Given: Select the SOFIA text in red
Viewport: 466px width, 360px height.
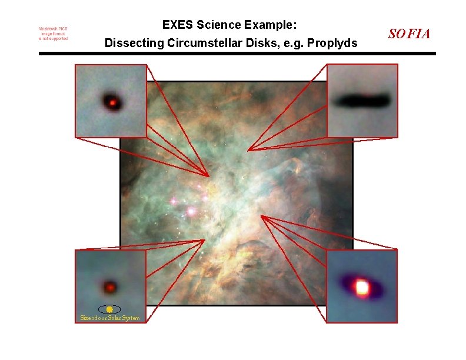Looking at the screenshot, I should (410, 34).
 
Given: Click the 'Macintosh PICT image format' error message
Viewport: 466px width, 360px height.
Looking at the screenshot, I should (54, 34).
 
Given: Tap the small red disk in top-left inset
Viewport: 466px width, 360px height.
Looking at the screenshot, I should (111, 102).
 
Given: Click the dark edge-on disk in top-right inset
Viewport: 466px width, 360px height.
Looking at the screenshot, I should (361, 100).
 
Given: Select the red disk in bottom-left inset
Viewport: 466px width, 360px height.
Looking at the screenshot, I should (109, 287).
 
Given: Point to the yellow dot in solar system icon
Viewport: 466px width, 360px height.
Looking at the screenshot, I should (109, 309).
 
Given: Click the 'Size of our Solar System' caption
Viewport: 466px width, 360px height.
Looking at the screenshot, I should (110, 318).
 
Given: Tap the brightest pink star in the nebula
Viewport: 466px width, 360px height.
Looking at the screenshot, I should (191, 210).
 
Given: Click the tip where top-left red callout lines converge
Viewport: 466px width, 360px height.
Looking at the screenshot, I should (209, 176).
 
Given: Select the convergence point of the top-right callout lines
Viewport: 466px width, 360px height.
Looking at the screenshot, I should (248, 150).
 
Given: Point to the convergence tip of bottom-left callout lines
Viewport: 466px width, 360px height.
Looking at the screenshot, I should (204, 239).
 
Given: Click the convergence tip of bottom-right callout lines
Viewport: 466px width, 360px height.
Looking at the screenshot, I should (261, 216).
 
